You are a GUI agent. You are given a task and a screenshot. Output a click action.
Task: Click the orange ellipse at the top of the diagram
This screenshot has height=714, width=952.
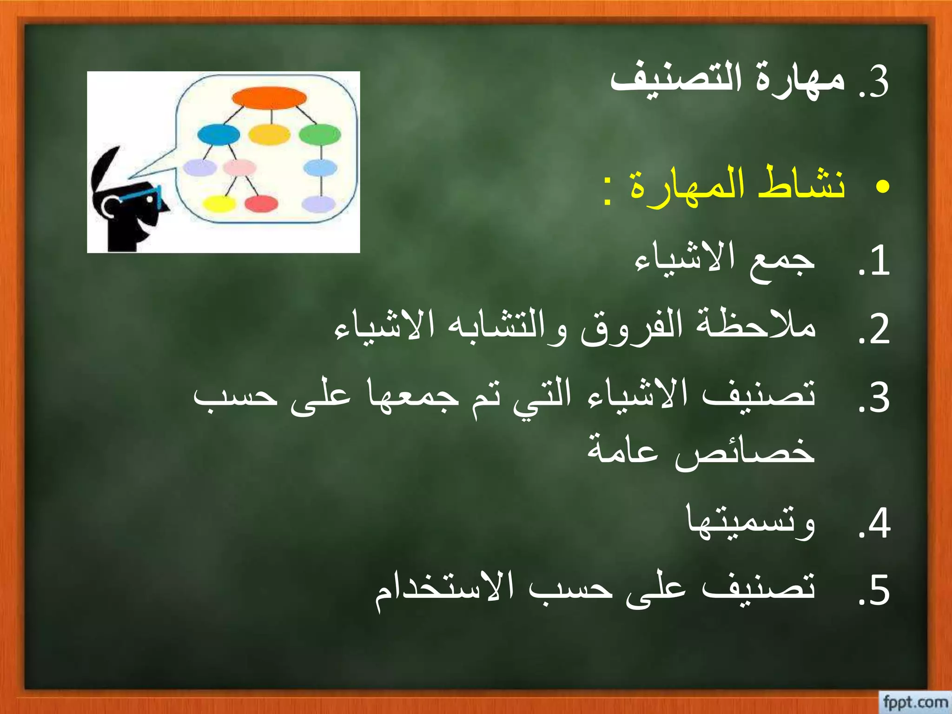click(269, 98)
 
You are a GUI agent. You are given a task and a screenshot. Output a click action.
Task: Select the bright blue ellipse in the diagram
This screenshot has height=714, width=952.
click(218, 135)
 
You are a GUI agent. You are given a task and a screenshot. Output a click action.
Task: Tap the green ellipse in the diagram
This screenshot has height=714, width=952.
click(320, 135)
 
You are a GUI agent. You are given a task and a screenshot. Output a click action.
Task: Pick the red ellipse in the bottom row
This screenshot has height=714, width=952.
click(261, 204)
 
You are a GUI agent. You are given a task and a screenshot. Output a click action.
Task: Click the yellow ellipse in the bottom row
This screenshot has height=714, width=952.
click(219, 204)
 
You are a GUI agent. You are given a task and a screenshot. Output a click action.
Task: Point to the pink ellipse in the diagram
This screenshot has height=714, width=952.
click(239, 167)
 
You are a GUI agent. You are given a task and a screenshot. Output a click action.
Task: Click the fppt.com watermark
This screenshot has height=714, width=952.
click(915, 701)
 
